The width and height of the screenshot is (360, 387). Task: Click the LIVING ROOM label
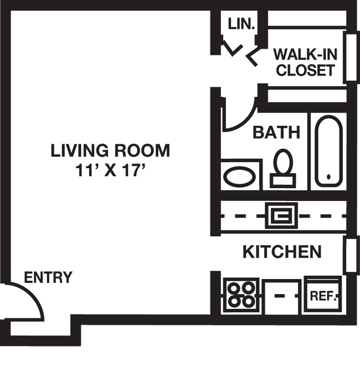tap(110, 150)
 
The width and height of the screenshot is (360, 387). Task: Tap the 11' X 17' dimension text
tap(110, 170)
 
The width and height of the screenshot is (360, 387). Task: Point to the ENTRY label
tap(48, 277)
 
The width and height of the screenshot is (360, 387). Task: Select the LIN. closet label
tap(241, 24)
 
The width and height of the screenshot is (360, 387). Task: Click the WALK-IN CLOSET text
tap(305, 62)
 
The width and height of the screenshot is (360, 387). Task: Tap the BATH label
tap(276, 132)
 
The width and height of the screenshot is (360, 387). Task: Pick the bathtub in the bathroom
tap(328, 151)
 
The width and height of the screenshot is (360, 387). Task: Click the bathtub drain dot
tap(328, 177)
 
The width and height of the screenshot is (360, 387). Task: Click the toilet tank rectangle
tap(283, 180)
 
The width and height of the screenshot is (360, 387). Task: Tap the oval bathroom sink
tap(239, 177)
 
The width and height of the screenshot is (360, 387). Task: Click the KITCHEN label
tap(282, 252)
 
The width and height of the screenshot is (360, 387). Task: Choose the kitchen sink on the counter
tap(281, 216)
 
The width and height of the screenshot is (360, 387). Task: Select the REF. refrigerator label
tap(323, 296)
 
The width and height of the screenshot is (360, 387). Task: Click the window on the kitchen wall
tap(351, 255)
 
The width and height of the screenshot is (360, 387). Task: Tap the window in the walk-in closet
tap(351, 57)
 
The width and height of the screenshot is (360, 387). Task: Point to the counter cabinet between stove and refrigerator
tap(283, 297)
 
